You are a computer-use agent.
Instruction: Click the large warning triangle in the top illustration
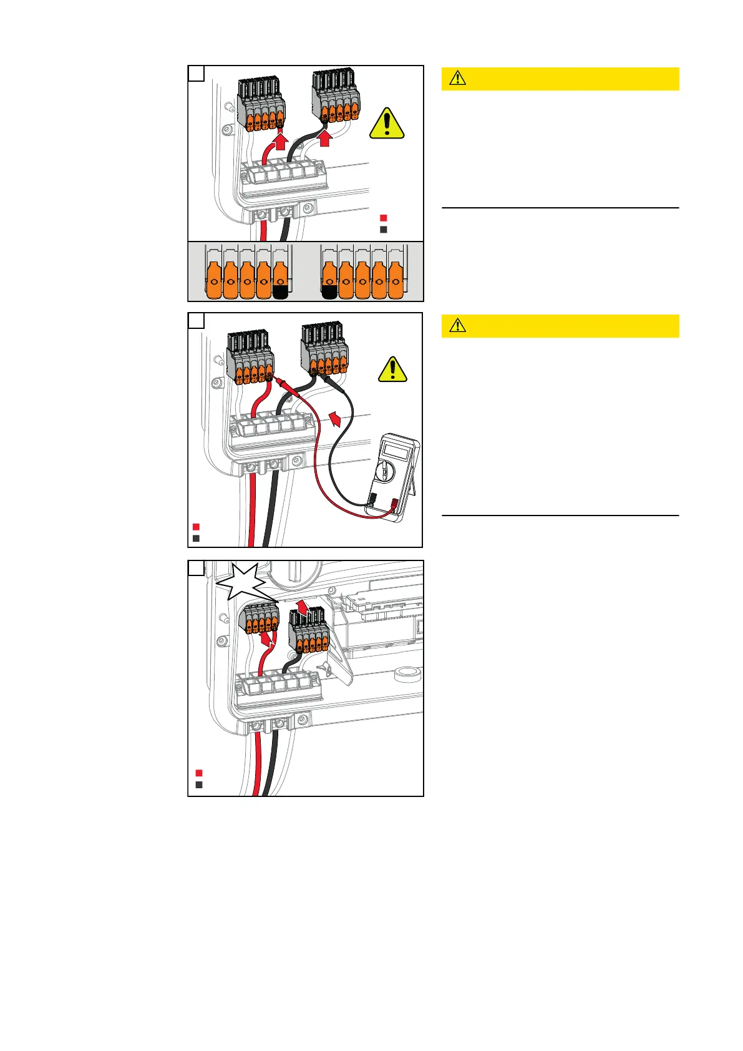tap(387, 124)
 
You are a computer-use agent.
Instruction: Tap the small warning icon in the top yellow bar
tap(457, 79)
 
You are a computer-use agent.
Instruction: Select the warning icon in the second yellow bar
tap(457, 326)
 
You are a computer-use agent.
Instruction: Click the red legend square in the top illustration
tap(384, 218)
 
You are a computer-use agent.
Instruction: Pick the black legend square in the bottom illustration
tap(198, 785)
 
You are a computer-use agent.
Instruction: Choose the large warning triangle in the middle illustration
tap(392, 369)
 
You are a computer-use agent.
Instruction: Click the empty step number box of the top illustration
tap(196, 73)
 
